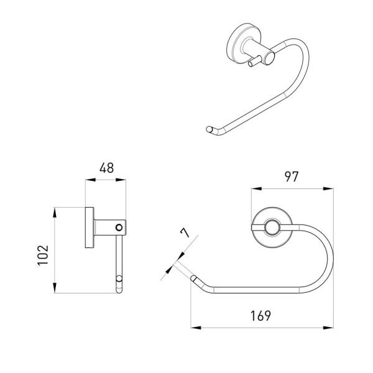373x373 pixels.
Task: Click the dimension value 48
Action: click(x=106, y=168)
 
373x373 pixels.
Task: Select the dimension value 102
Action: click(x=43, y=255)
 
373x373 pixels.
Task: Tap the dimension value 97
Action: click(x=292, y=177)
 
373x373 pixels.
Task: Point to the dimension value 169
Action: click(x=260, y=316)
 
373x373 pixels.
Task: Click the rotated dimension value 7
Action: click(x=185, y=233)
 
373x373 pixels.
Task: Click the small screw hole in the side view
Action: click(x=119, y=228)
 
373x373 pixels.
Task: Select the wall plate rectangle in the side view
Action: click(x=90, y=228)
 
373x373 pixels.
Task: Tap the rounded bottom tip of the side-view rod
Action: click(x=119, y=291)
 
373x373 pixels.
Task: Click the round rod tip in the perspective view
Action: click(x=209, y=129)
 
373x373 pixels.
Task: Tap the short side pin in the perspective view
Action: click(x=254, y=62)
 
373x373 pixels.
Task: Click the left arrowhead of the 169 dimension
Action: click(x=196, y=328)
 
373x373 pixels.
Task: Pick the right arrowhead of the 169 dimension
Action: click(x=328, y=328)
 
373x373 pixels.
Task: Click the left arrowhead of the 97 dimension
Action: click(x=257, y=188)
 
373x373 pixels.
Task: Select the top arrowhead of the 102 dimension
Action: click(x=55, y=213)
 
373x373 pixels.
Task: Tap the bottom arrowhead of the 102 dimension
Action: click(x=55, y=288)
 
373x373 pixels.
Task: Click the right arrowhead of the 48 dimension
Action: click(x=121, y=180)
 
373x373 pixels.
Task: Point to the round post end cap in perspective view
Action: click(x=270, y=58)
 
